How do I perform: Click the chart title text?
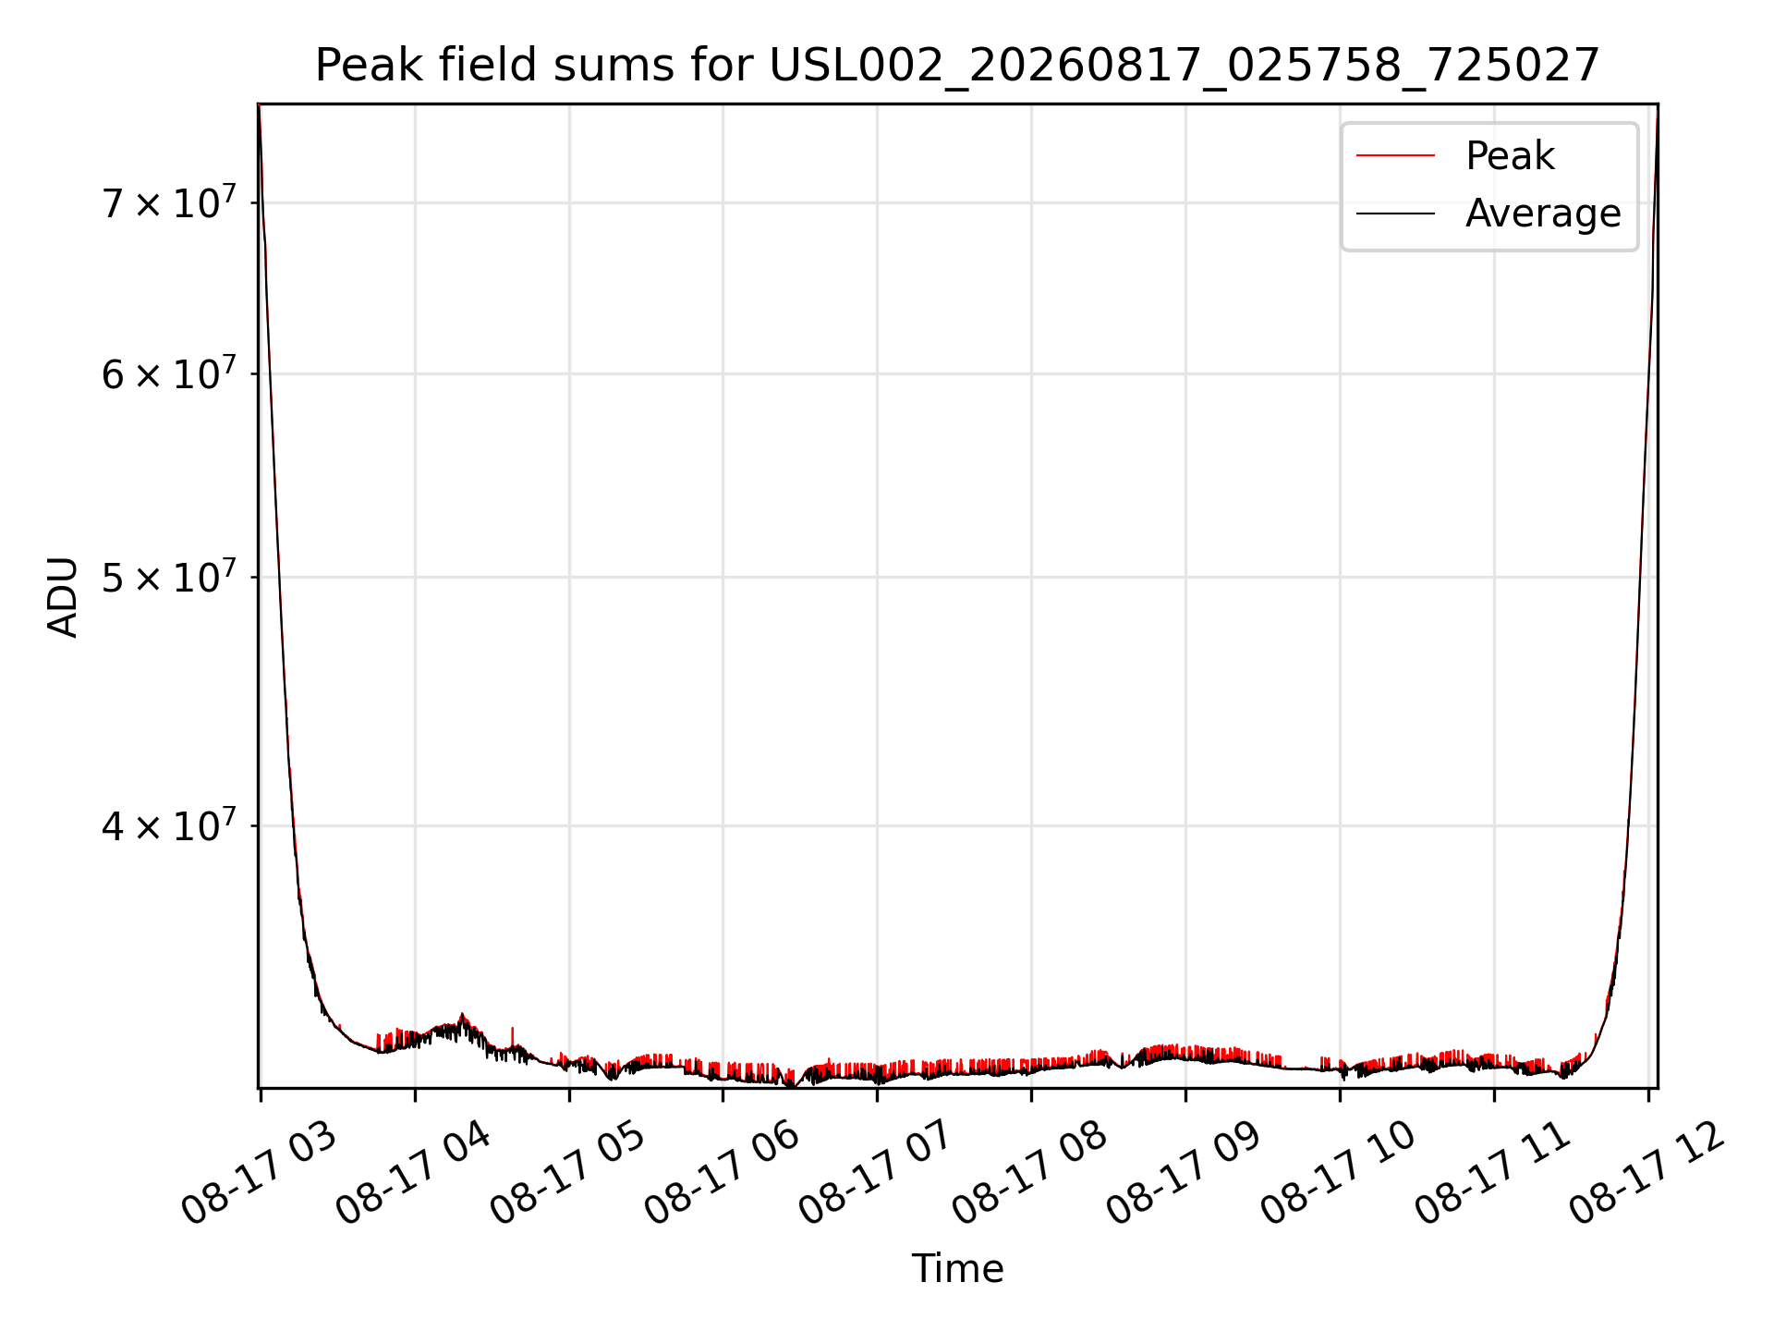coord(957,66)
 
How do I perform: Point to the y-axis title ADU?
coord(63,597)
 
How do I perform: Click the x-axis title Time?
coord(957,1268)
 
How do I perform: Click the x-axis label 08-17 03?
coord(259,1172)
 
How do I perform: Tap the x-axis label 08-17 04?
coord(413,1172)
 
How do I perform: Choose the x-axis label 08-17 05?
coord(567,1172)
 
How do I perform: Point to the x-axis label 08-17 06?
coord(722,1172)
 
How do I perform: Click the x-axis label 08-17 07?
coord(876,1172)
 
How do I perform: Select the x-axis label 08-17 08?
coord(1030,1172)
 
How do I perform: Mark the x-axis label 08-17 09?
coord(1185,1172)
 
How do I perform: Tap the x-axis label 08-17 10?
coord(1339,1172)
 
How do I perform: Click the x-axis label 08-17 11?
coord(1493,1172)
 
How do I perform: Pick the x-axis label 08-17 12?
coord(1647,1172)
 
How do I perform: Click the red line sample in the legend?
coord(1395,156)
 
